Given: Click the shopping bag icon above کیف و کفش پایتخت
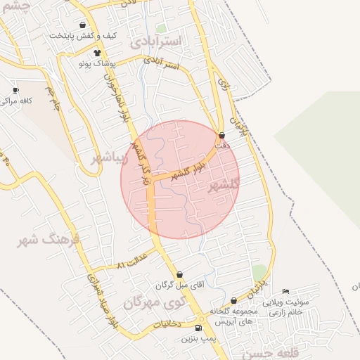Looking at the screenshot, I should tap(83, 25).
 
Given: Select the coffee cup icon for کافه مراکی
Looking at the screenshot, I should tap(15, 91).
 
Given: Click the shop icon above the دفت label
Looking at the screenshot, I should tap(222, 135).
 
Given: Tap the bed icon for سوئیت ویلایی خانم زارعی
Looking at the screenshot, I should tap(285, 292).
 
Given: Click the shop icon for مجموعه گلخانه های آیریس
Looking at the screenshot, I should tap(233, 300).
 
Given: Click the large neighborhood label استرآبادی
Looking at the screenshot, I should tap(155, 41).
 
